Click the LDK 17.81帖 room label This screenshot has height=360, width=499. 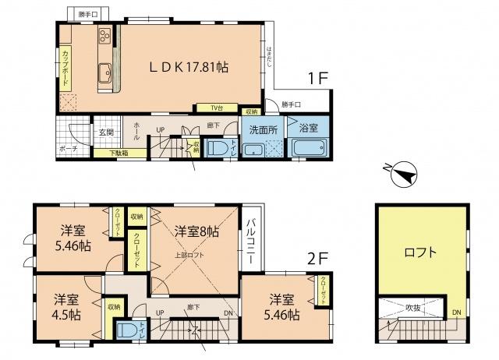189,68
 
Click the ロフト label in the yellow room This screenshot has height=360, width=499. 420,252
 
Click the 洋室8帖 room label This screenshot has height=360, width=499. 196,231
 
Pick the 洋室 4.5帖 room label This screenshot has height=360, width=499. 67,308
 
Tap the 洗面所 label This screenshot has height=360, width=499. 264,129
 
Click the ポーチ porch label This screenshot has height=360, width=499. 68,148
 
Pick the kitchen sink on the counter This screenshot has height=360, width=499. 104,76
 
